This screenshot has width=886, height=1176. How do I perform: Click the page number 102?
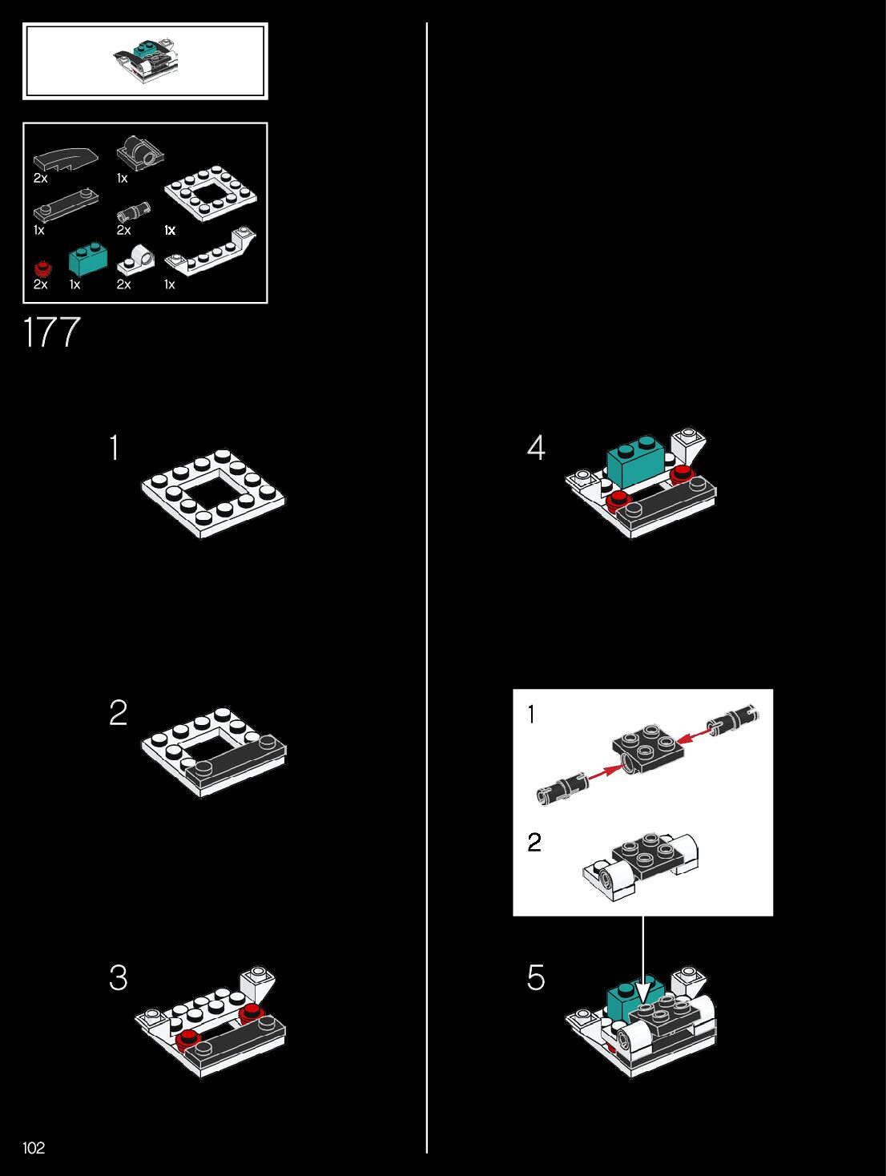click(x=33, y=1147)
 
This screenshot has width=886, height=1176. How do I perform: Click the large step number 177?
click(x=51, y=332)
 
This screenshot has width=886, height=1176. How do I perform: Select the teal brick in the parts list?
click(x=87, y=258)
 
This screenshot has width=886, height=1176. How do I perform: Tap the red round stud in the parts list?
click(x=42, y=268)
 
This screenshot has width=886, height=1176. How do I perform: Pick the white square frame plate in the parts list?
click(x=210, y=193)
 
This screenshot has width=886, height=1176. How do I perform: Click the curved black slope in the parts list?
click(x=66, y=159)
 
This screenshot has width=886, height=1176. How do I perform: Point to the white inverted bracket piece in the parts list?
click(x=211, y=250)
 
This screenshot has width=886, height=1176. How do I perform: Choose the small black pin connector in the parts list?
click(x=134, y=212)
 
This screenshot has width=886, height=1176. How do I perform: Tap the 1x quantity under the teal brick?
click(x=75, y=284)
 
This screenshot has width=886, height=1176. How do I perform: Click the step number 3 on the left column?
click(x=118, y=977)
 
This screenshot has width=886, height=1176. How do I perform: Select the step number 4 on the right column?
click(x=536, y=447)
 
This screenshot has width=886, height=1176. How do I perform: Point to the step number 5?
click(x=536, y=977)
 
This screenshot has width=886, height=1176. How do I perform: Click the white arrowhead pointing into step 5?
click(x=642, y=991)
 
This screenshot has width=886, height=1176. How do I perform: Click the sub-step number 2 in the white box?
click(x=534, y=842)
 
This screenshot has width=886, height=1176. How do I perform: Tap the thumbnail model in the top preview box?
click(x=145, y=61)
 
